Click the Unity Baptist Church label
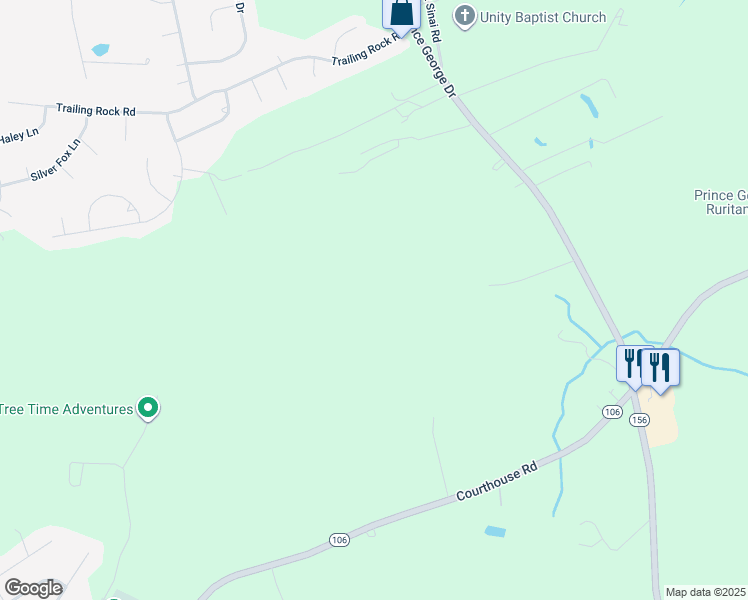coord(543,17)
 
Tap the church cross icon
coord(463,16)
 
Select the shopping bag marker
coord(401,13)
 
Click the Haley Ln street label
coord(18,134)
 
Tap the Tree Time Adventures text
coord(67,409)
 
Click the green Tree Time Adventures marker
coord(148,407)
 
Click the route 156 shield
coord(640,419)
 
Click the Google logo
coord(33,587)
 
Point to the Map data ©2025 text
coord(706,592)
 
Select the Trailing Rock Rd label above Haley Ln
coord(96,110)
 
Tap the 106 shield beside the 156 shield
coord(613,412)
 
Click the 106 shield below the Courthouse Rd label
coord(339,540)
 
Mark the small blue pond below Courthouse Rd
coord(494,531)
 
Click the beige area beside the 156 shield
coord(663,419)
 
